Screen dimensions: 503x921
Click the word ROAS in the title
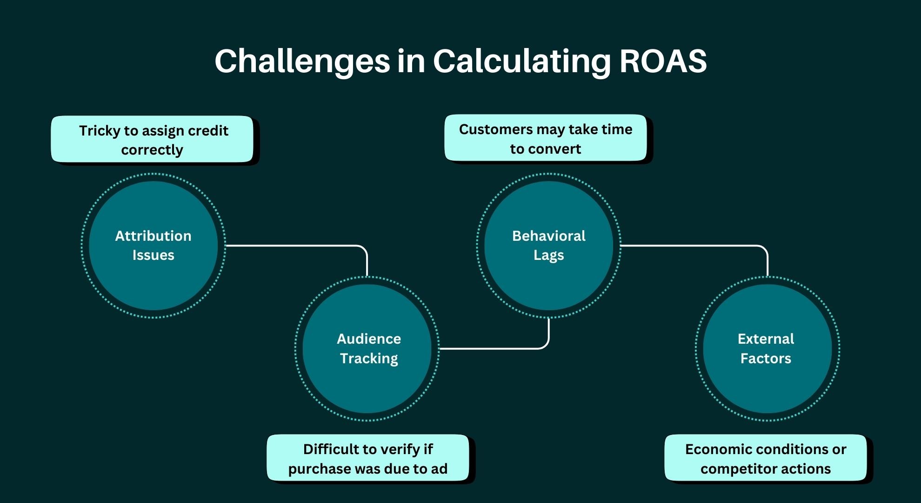(x=663, y=61)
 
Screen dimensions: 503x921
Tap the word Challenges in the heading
(x=302, y=61)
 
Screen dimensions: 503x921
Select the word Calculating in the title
(x=521, y=61)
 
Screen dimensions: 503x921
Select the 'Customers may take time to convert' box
(x=545, y=138)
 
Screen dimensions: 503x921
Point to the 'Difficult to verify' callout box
(x=367, y=458)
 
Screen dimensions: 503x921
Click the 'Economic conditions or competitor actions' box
(x=765, y=458)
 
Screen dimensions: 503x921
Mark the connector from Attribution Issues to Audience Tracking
(x=298, y=245)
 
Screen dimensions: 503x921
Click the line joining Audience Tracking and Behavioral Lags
(x=493, y=348)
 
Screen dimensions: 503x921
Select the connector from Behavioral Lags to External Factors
(x=693, y=245)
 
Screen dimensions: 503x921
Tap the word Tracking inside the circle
(x=369, y=358)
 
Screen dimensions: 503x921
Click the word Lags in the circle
(x=548, y=255)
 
